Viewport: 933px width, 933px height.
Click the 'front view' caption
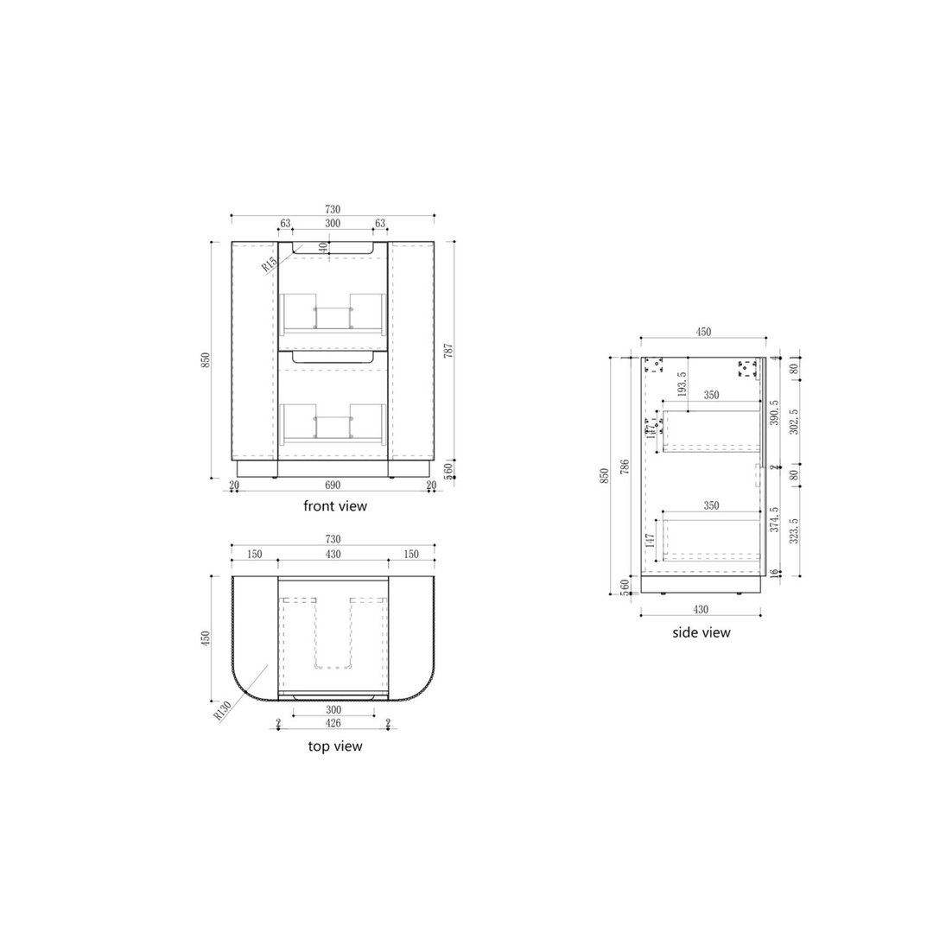[x=334, y=506]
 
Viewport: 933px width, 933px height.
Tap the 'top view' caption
[x=335, y=746]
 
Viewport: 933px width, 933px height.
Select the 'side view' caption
[x=701, y=632]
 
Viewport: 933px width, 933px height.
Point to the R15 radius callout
[x=270, y=263]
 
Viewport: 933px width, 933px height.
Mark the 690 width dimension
[x=333, y=486]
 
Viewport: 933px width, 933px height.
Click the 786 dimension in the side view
[x=624, y=468]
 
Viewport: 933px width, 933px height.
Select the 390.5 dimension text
[x=774, y=413]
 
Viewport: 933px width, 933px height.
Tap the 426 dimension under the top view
[x=333, y=724]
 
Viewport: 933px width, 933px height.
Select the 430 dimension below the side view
[x=701, y=609]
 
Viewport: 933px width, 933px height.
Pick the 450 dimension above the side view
[x=703, y=332]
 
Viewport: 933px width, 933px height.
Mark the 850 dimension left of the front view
[x=206, y=359]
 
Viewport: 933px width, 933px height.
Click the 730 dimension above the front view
[x=333, y=210]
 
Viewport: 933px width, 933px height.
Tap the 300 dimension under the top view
[x=333, y=710]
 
